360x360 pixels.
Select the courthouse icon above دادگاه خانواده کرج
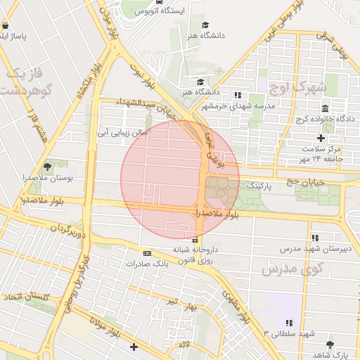point(325,109)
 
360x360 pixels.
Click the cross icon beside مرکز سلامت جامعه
point(321,138)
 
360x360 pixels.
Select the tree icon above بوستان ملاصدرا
point(47,167)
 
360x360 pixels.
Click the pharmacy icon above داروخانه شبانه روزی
point(195,240)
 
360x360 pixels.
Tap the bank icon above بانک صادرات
point(147,253)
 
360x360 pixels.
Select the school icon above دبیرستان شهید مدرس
point(314,238)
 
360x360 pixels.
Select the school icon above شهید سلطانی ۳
point(289,323)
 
